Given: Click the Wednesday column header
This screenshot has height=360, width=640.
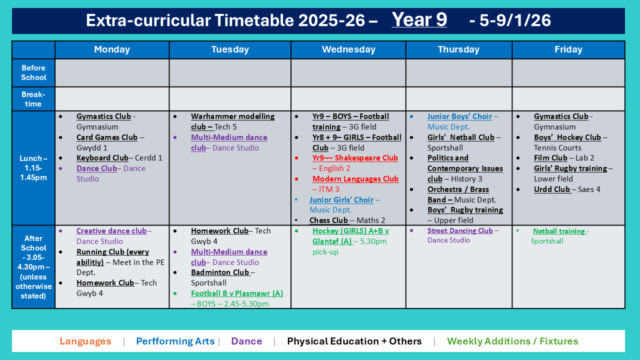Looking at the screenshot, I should [x=348, y=49].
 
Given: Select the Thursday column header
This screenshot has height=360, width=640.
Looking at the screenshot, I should [x=458, y=49].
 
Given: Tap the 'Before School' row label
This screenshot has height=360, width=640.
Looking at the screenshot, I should [x=33, y=72].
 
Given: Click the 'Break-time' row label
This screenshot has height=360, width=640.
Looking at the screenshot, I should [x=33, y=99].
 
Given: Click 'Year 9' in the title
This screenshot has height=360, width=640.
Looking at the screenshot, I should [x=419, y=20].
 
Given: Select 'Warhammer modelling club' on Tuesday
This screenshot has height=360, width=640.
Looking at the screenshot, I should [x=232, y=116].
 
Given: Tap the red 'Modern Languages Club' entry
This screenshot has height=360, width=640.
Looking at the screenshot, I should [x=355, y=179].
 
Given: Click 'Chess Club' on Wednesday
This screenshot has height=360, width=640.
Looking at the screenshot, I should [x=328, y=220].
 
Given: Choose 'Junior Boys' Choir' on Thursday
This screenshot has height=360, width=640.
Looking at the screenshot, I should [x=459, y=116].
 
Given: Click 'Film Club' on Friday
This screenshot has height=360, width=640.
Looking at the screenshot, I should [x=550, y=158].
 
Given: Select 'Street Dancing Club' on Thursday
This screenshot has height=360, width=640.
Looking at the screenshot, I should [x=460, y=230].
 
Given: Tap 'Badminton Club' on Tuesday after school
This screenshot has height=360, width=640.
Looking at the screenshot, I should [x=220, y=272].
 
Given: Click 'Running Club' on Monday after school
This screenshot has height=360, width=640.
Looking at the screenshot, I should [x=112, y=252].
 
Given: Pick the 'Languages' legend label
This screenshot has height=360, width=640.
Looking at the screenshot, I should [x=85, y=341].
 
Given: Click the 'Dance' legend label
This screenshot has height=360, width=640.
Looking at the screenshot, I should [x=246, y=341].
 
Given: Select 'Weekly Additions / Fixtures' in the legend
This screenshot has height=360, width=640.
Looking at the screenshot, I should [x=512, y=341].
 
